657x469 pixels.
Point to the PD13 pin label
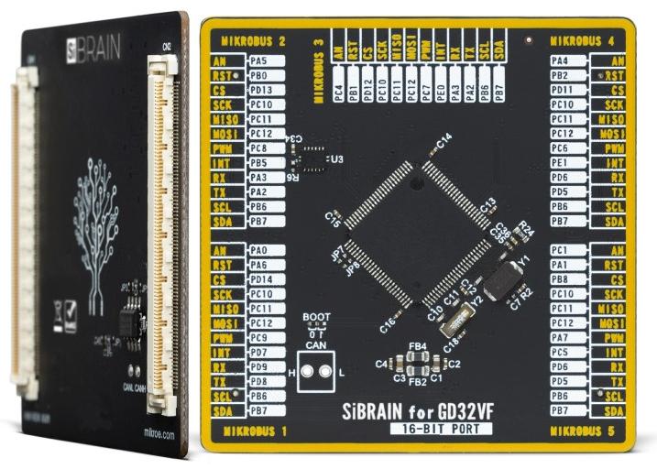click(x=260, y=90)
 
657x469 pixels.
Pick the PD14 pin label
click(x=260, y=278)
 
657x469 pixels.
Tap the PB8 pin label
click(x=560, y=278)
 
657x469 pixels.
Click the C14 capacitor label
click(x=444, y=139)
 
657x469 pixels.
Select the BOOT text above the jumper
click(x=317, y=318)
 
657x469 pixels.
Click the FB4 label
click(x=417, y=347)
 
